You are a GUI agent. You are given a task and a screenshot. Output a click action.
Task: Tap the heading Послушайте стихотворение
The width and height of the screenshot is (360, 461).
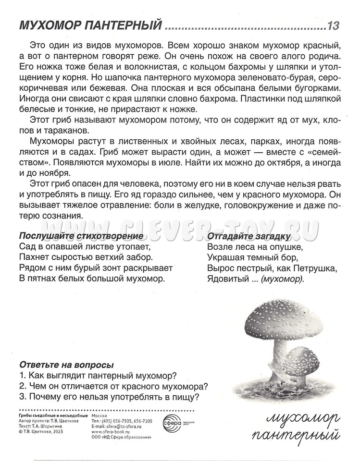coord(81,236)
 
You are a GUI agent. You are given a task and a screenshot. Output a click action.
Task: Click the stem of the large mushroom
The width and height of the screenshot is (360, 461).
coord(278,355)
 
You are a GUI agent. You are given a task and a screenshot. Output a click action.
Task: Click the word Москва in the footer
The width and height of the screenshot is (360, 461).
coord(99,414)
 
